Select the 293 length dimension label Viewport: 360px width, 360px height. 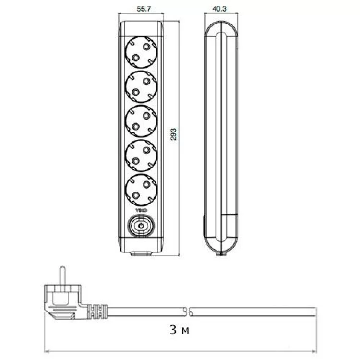[174, 134]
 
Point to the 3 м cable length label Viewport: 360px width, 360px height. [179, 330]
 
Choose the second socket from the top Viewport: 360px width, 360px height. [141, 87]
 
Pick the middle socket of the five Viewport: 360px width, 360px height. [141, 121]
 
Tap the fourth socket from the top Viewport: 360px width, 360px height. [141, 156]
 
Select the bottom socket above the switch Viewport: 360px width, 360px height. [141, 191]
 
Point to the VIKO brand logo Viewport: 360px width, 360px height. [141, 211]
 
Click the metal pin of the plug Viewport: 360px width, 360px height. [62, 276]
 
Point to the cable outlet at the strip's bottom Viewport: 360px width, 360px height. [141, 252]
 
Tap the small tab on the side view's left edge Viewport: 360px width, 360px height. [204, 226]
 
